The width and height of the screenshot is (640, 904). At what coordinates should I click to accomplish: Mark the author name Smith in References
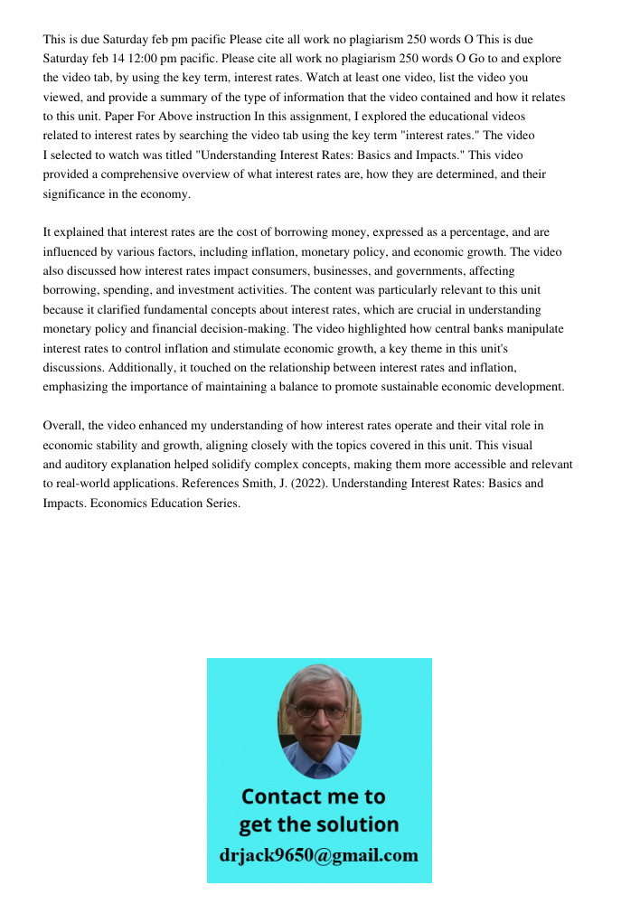coord(274,484)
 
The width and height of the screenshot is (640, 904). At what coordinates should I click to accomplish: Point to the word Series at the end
coord(219,504)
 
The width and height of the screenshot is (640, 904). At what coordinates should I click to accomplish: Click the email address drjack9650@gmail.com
coord(319,855)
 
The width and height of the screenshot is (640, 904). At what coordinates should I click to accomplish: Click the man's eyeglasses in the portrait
coord(319,711)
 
